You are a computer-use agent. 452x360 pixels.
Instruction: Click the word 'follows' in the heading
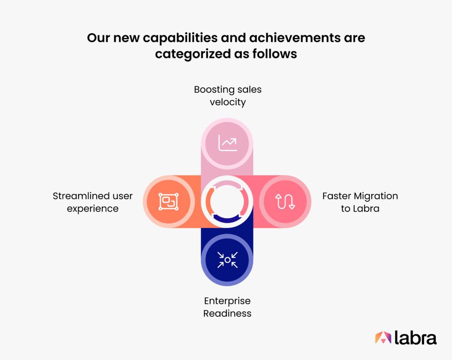tap(275, 53)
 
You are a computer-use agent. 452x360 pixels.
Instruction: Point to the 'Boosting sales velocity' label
tap(228, 95)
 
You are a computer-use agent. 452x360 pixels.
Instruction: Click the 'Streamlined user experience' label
tap(93, 202)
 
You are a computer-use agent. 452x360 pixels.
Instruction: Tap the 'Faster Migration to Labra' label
tap(360, 202)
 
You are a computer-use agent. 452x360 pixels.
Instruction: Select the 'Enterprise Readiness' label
tap(227, 307)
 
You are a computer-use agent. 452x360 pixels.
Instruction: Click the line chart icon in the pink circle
tap(228, 143)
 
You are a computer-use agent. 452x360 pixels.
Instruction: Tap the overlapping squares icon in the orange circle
tap(169, 201)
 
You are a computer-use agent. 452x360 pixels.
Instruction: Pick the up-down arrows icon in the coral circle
tap(285, 201)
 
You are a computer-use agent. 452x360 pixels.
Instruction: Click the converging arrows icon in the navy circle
tap(227, 260)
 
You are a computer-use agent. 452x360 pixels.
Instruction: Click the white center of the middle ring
tap(227, 201)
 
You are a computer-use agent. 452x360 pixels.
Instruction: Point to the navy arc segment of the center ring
tap(227, 220)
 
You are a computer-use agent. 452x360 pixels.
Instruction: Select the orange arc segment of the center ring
tap(209, 201)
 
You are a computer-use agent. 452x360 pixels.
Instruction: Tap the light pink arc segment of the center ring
tap(227, 183)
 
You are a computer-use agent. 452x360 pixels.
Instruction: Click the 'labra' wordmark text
tap(415, 337)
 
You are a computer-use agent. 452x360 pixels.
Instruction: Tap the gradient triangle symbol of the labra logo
tap(383, 337)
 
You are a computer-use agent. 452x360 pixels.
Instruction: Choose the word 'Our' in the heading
tap(98, 38)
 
